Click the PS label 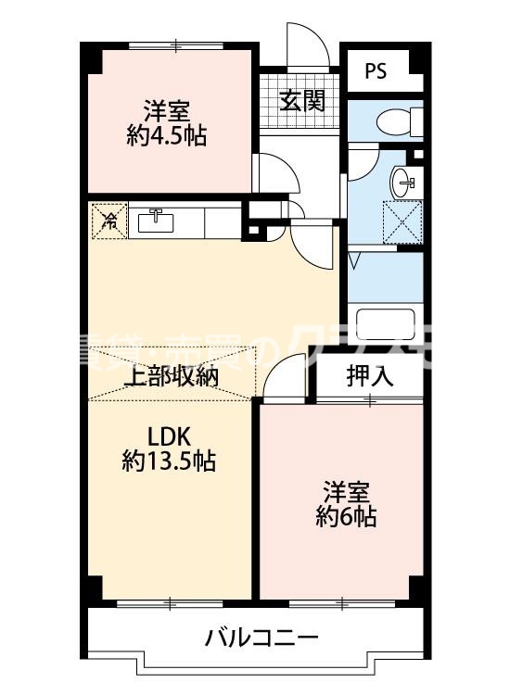tap(376, 70)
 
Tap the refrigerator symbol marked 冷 tap(107, 221)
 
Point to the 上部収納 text tap(171, 377)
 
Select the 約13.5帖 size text tap(169, 460)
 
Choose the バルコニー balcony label tap(261, 638)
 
